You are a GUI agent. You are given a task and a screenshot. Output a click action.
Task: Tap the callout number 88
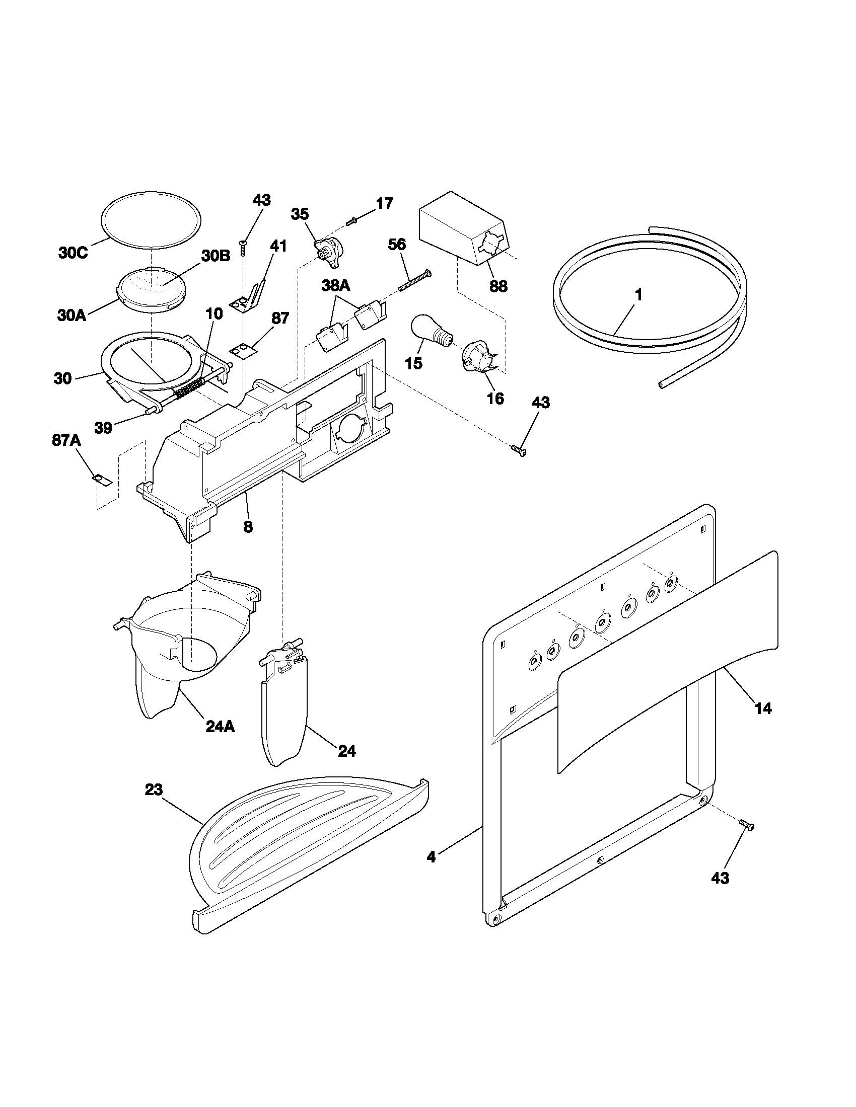tap(498, 286)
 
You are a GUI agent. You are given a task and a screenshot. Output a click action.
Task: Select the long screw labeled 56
tap(414, 280)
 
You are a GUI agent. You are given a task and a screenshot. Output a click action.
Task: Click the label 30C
tap(73, 253)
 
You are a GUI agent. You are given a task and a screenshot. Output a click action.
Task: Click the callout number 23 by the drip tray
tap(154, 789)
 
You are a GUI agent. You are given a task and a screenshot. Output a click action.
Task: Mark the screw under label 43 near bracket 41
tap(243, 248)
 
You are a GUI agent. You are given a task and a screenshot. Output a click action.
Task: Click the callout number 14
tap(763, 708)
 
